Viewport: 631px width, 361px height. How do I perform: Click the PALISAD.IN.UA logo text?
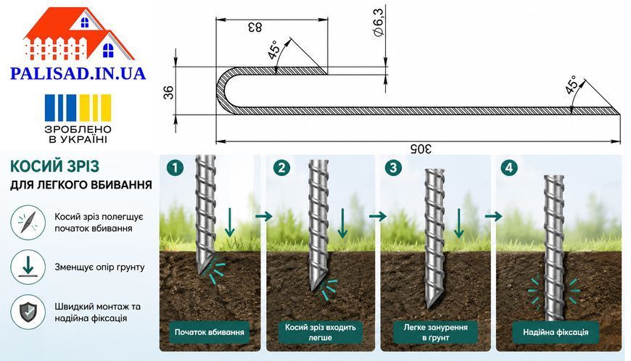click(78, 73)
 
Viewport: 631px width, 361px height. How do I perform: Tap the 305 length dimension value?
click(421, 149)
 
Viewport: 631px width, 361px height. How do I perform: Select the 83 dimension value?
click(255, 28)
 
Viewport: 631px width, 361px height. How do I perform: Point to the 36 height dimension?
click(170, 93)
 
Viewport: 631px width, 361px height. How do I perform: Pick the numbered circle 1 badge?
click(175, 167)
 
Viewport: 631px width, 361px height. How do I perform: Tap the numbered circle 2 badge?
click(281, 167)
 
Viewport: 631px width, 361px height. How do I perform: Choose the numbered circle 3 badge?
click(393, 167)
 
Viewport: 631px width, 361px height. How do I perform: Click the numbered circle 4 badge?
click(508, 167)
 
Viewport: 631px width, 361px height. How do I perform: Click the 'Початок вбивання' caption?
click(210, 333)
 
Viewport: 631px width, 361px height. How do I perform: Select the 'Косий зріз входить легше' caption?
click(321, 333)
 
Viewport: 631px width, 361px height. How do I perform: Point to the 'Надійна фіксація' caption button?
click(556, 333)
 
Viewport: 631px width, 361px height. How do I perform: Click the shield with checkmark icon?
click(28, 312)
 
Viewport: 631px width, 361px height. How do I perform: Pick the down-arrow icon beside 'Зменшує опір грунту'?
click(28, 267)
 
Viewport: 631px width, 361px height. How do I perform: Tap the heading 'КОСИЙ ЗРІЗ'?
click(54, 166)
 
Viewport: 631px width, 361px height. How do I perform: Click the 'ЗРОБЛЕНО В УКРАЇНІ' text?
click(78, 134)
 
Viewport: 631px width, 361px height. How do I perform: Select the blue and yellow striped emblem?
click(78, 107)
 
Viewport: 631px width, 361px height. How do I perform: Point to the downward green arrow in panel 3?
click(459, 223)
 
